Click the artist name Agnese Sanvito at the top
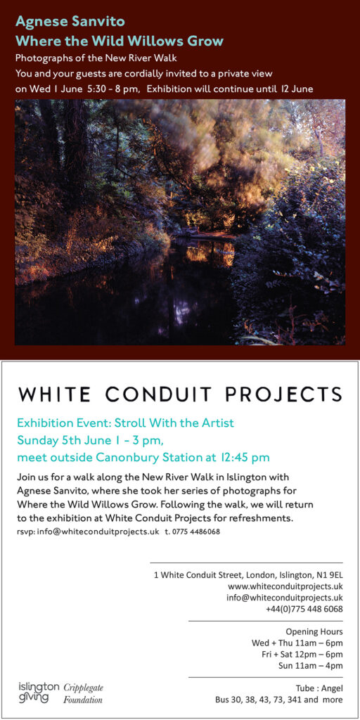(70, 22)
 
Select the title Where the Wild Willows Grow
(120, 41)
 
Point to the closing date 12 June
(297, 89)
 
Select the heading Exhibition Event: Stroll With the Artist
(125, 423)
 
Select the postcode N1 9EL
(330, 575)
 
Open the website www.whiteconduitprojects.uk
(285, 586)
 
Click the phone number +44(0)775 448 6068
(304, 609)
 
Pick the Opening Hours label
(314, 632)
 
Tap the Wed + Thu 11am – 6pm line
(297, 643)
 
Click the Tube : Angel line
(320, 688)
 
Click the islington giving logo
(39, 693)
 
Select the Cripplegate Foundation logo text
(83, 693)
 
